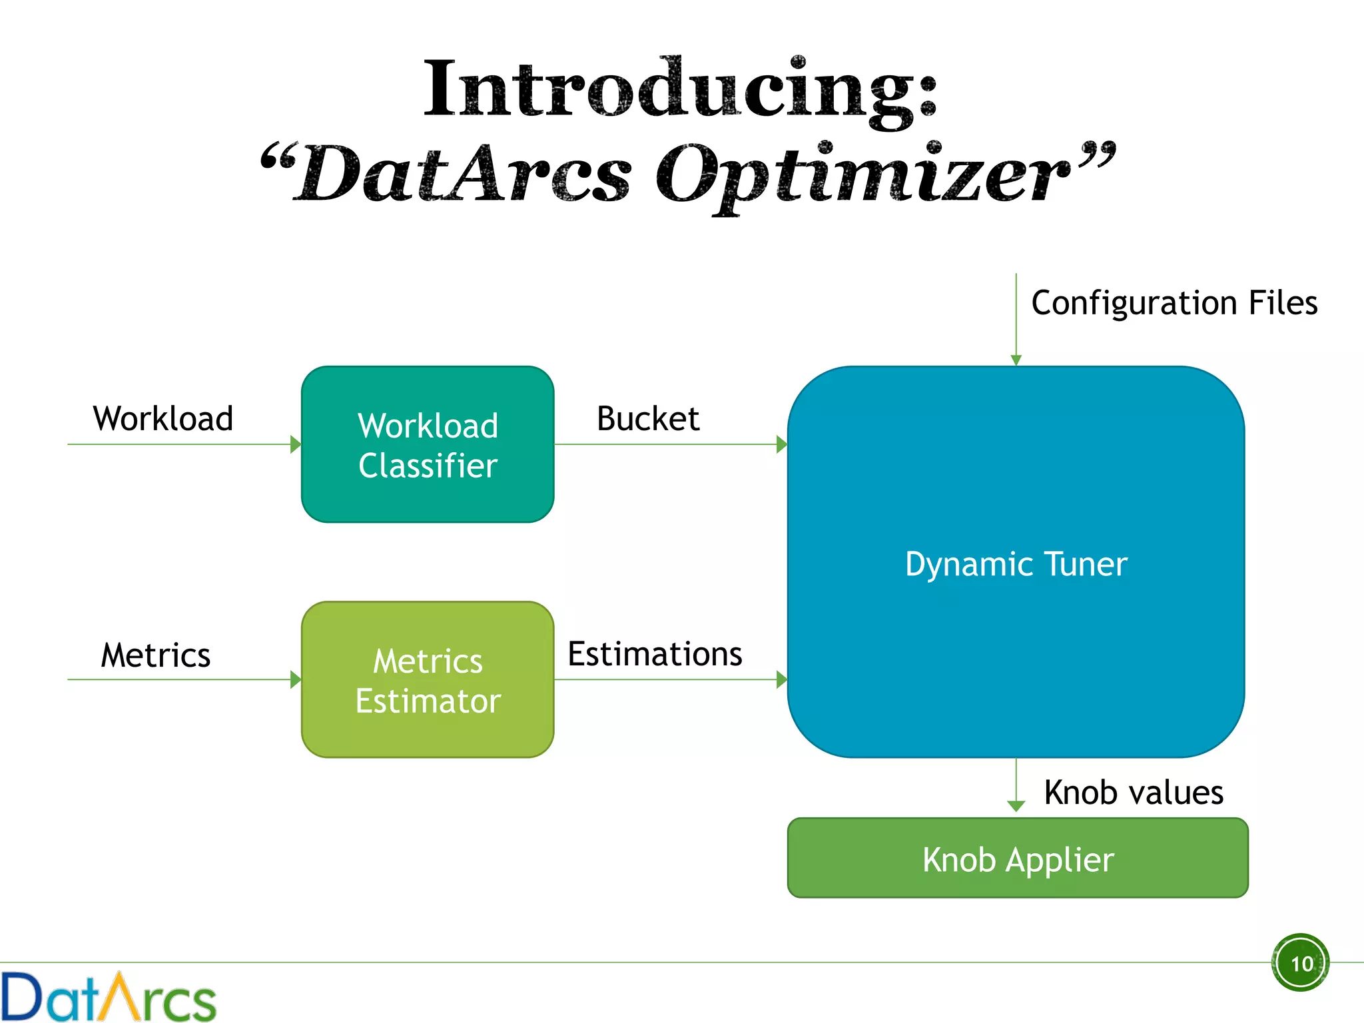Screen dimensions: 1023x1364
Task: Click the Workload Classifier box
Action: click(x=428, y=444)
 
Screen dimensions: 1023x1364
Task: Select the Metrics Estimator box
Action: click(x=428, y=680)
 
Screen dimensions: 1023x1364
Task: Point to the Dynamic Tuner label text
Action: click(x=1016, y=564)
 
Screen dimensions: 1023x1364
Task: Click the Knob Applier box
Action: click(x=1018, y=858)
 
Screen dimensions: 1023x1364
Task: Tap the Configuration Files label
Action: click(x=1174, y=303)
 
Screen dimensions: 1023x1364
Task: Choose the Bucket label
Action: click(x=647, y=419)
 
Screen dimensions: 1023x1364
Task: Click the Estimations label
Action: click(x=655, y=654)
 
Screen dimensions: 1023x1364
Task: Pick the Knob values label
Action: click(x=1133, y=793)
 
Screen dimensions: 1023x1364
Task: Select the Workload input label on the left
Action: click(x=163, y=419)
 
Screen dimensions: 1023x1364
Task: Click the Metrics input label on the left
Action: click(x=155, y=655)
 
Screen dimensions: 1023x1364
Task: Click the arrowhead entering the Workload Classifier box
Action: click(x=296, y=444)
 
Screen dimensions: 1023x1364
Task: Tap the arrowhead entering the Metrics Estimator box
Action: click(x=296, y=680)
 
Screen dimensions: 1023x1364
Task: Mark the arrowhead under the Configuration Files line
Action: click(x=1016, y=360)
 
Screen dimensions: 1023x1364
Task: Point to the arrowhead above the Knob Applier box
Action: click(x=1016, y=807)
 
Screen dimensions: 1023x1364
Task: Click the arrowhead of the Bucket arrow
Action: click(x=782, y=444)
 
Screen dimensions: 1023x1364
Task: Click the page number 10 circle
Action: click(x=1301, y=963)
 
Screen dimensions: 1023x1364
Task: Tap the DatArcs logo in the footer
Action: click(x=108, y=997)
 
